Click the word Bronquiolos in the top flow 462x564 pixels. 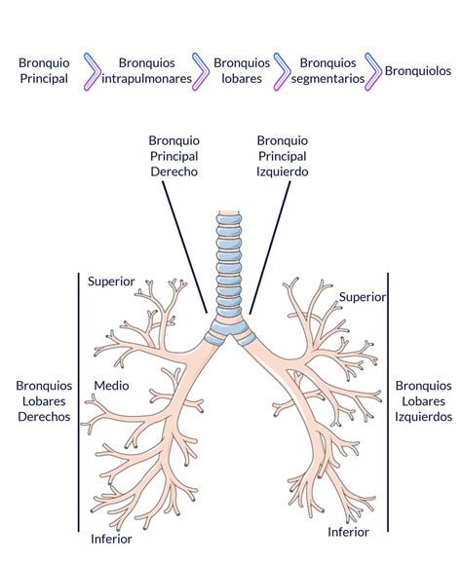coord(418,71)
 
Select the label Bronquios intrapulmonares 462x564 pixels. coord(147,71)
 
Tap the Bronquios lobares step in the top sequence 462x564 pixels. coord(242,71)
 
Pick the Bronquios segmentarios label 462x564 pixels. coord(327,71)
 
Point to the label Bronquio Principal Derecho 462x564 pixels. coord(174,156)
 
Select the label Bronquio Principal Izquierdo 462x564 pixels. coord(283,156)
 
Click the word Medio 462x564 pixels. coord(111,386)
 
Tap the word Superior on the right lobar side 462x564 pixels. coord(111,282)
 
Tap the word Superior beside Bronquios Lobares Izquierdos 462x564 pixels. coord(363,297)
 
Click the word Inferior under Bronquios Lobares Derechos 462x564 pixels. coord(111,539)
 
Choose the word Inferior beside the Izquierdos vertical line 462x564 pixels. coord(348,532)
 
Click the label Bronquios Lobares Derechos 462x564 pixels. coord(44,401)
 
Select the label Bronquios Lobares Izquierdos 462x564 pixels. coord(423,401)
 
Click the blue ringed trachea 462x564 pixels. coord(229,266)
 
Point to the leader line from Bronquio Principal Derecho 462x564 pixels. coord(184,247)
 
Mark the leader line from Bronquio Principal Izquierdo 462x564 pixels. coord(269,247)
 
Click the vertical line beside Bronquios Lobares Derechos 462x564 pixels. coord(78,402)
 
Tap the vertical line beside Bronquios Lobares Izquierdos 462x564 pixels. coord(388,402)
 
